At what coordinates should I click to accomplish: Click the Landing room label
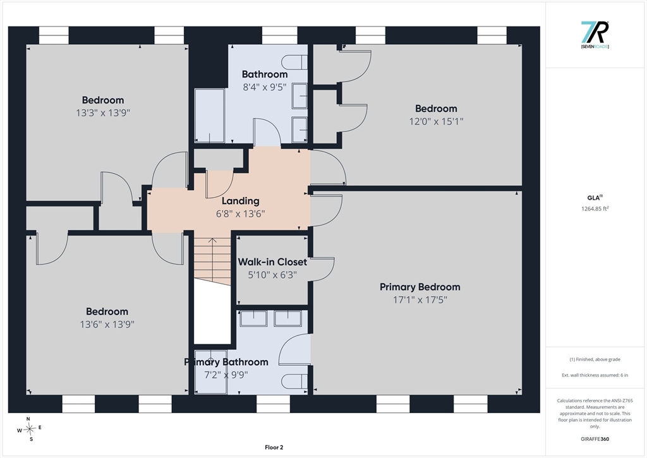click(241, 201)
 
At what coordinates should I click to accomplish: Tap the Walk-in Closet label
click(272, 262)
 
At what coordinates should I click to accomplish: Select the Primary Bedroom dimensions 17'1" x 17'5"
click(420, 299)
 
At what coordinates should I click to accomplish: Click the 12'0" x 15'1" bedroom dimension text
click(436, 121)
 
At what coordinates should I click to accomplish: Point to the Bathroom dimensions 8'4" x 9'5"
click(265, 87)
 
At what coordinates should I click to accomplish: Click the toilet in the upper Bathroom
click(294, 63)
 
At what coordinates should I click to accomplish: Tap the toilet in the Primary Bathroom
click(294, 382)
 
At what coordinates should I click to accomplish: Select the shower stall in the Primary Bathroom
click(211, 371)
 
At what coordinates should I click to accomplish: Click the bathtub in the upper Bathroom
click(210, 116)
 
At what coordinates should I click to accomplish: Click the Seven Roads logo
click(595, 35)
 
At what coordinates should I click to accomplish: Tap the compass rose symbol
click(30, 429)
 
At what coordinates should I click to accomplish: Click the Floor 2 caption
click(274, 447)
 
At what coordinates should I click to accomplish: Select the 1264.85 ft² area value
click(595, 208)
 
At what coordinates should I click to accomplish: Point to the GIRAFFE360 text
click(595, 439)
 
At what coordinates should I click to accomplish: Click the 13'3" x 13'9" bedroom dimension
click(103, 112)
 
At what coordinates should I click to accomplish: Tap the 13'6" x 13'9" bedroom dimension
click(107, 324)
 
